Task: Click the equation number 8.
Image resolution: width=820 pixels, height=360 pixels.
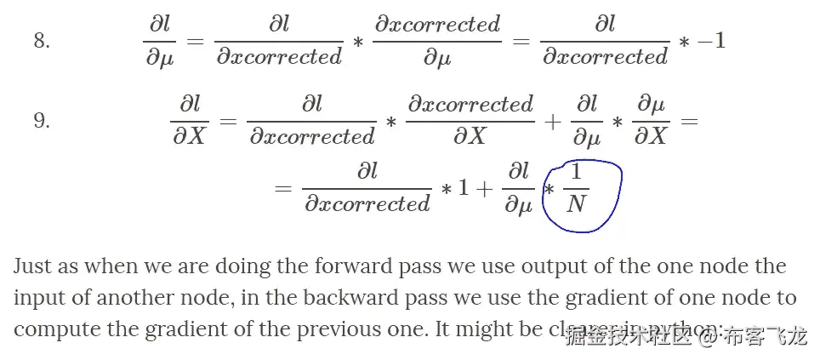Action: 42,40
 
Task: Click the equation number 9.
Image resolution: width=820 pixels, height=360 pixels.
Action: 42,120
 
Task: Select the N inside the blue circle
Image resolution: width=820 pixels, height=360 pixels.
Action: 576,203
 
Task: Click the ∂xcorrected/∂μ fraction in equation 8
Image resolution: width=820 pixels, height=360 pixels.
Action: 437,40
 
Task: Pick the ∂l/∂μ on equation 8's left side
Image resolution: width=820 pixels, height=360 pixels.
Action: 159,40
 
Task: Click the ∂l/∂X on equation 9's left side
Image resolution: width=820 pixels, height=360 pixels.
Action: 189,120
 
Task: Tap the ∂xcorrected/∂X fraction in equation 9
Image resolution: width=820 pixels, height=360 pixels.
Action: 470,120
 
